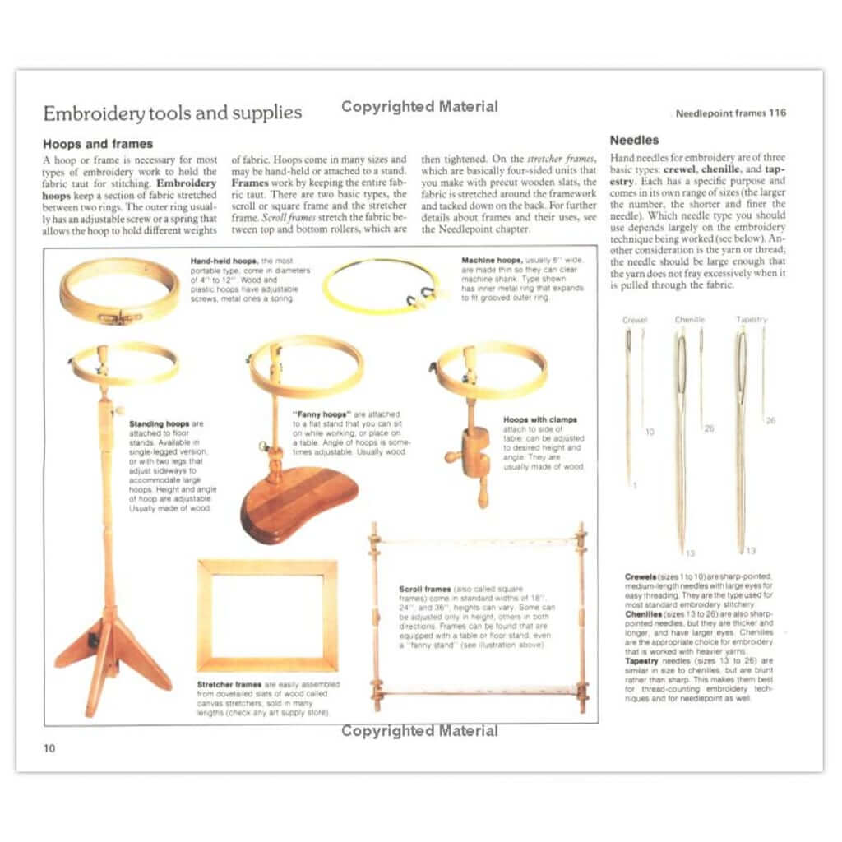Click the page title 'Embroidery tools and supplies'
(172, 113)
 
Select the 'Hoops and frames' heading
(97, 144)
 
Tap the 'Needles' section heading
(634, 141)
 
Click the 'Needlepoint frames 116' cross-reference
(730, 113)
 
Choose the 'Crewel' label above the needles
(635, 320)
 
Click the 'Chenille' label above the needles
(690, 320)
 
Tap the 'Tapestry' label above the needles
(751, 320)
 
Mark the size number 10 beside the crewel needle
(650, 432)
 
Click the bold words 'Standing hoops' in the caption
(158, 424)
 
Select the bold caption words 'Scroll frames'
(424, 590)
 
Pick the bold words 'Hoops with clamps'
(539, 420)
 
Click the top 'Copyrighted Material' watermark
(419, 106)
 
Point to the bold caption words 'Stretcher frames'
(229, 684)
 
